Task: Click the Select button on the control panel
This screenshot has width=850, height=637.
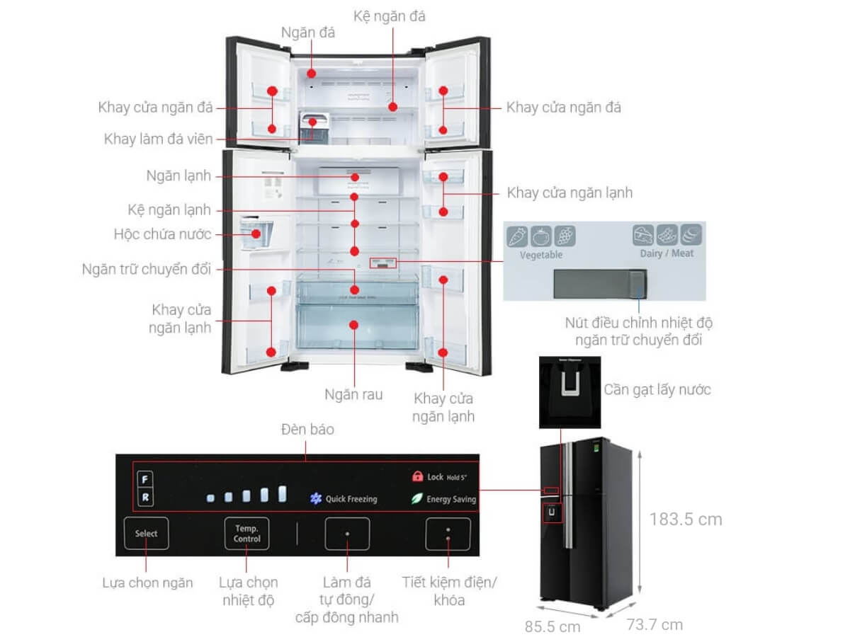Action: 147,534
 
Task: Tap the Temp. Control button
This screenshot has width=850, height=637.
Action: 247,534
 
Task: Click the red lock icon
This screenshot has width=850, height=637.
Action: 416,477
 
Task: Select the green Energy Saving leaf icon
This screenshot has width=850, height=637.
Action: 416,499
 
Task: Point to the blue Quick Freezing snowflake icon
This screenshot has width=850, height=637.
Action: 316,499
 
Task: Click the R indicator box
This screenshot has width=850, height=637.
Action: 144,498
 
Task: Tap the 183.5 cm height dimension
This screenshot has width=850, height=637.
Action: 686,520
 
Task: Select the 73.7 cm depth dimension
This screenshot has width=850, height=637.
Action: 654,624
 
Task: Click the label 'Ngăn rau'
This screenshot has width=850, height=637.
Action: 353,394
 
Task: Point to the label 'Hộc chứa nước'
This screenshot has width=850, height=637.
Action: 162,234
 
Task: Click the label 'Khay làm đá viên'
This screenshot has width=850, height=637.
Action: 158,139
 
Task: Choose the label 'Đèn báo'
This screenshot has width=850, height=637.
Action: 307,430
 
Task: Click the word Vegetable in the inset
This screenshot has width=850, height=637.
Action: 541,255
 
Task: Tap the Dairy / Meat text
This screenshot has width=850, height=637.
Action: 667,253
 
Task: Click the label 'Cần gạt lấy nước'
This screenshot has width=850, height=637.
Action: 657,389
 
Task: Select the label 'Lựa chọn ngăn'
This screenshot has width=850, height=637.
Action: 147,583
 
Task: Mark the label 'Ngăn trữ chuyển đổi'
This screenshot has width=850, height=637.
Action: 147,269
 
